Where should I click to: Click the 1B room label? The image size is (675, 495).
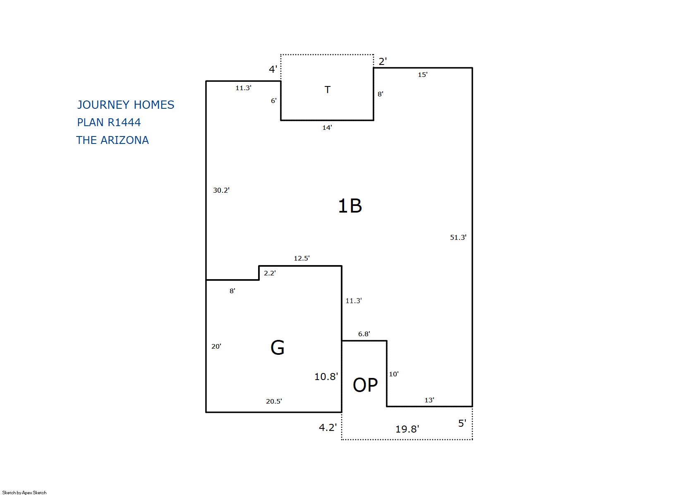pyautogui.click(x=350, y=206)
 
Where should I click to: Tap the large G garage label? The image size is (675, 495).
pyautogui.click(x=277, y=347)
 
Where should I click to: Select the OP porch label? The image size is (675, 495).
pyautogui.click(x=365, y=385)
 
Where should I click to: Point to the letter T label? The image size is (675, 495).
pyautogui.click(x=328, y=89)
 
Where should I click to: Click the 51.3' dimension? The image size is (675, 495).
pyautogui.click(x=458, y=237)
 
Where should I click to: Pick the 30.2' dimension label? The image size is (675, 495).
pyautogui.click(x=221, y=190)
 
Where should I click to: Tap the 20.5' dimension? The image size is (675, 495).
pyautogui.click(x=274, y=401)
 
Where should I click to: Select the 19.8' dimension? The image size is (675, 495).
pyautogui.click(x=407, y=429)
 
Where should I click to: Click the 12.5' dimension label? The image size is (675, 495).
pyautogui.click(x=302, y=258)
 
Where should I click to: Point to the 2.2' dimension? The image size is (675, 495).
pyautogui.click(x=270, y=273)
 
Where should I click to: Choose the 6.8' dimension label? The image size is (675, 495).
pyautogui.click(x=364, y=334)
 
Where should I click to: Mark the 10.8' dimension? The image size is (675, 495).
pyautogui.click(x=326, y=377)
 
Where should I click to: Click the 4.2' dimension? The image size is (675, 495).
pyautogui.click(x=328, y=428)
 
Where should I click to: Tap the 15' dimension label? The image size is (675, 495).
pyautogui.click(x=422, y=75)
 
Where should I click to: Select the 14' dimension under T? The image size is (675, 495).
pyautogui.click(x=327, y=127)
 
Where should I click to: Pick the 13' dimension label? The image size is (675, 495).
pyautogui.click(x=429, y=400)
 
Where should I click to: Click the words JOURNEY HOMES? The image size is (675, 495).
pyautogui.click(x=126, y=105)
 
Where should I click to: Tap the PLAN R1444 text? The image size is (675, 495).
pyautogui.click(x=109, y=122)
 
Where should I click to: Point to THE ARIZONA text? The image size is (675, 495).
pyautogui.click(x=112, y=140)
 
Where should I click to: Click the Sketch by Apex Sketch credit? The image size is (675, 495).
pyautogui.click(x=24, y=493)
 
